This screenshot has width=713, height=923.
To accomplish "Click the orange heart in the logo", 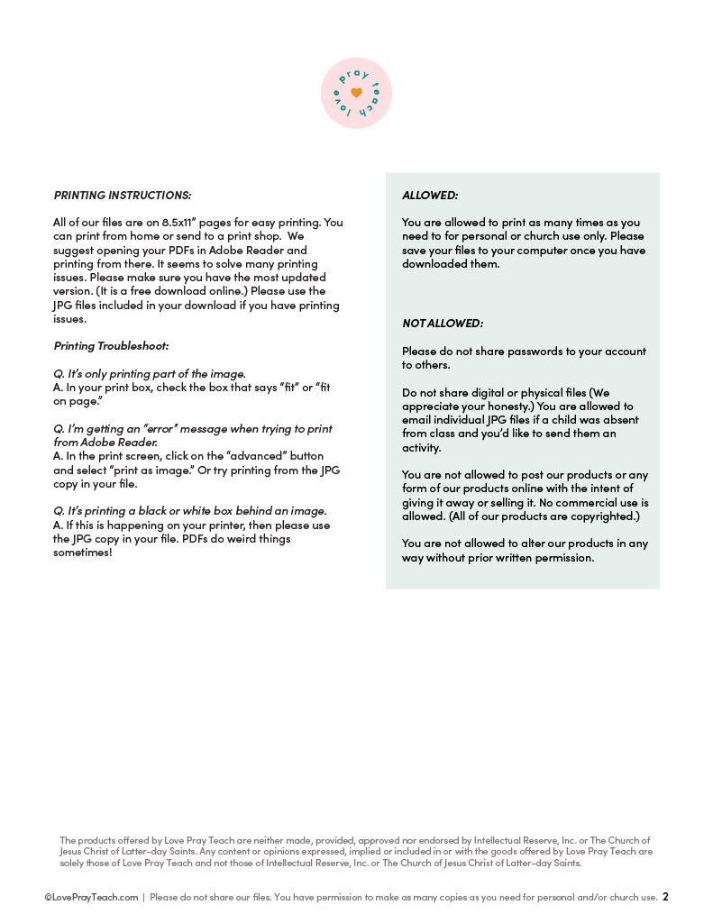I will pos(356,93).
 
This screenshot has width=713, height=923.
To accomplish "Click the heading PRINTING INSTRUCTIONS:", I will pos(123,195).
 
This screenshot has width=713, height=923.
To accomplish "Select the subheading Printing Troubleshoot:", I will pos(111,345).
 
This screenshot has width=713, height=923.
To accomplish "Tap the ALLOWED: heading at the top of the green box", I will pos(430,195).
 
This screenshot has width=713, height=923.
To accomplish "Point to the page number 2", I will pos(665,897).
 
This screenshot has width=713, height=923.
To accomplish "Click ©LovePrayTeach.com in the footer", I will pos(91,898).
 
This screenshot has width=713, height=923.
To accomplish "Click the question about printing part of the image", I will pos(149,373).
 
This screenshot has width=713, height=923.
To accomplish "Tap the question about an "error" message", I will pos(192,428).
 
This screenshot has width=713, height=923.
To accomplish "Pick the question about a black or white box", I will pos(189,511).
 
